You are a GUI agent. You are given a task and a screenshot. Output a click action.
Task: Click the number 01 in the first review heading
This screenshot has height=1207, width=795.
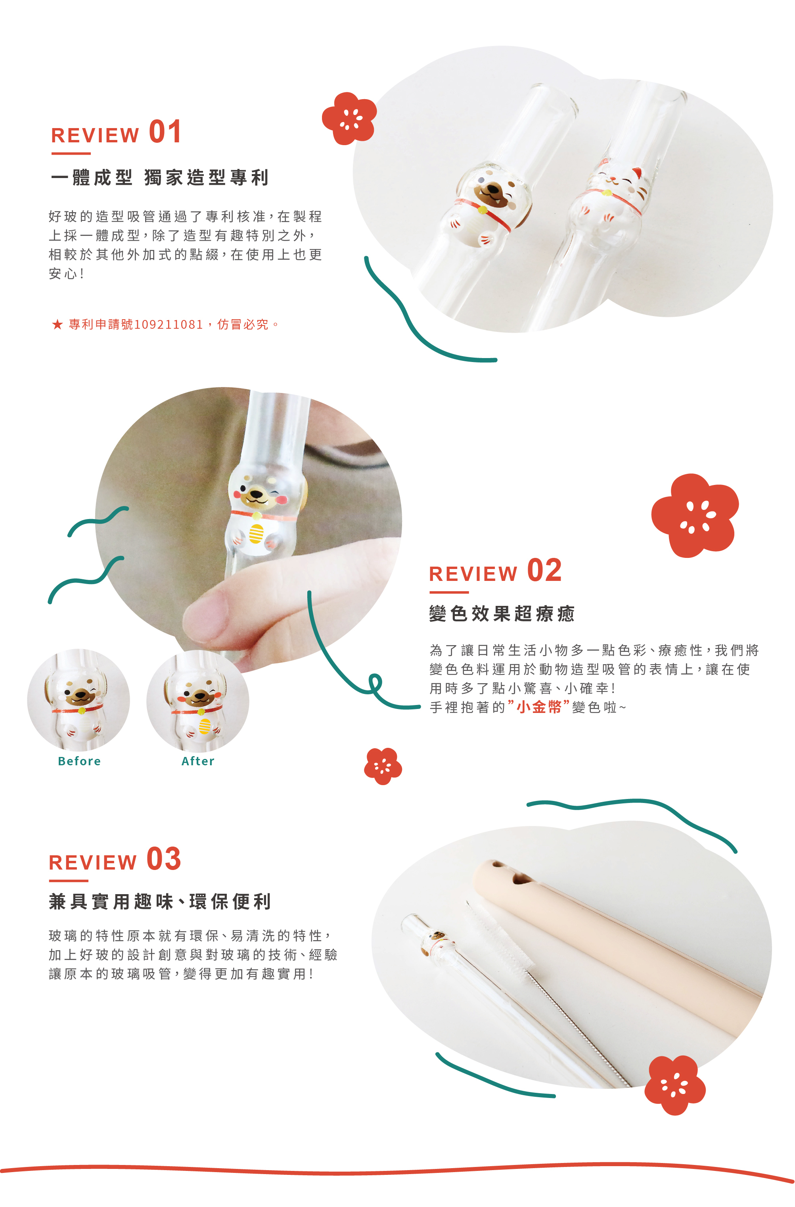point(165,132)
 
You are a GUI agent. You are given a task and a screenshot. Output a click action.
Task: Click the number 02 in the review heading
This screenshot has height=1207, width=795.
point(544,571)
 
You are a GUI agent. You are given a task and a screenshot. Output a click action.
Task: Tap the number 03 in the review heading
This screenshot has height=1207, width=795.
point(164,859)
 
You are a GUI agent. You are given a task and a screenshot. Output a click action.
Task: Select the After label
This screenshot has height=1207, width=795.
point(198,761)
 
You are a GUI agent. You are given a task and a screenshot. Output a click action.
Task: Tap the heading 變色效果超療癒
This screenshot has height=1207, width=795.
point(502,614)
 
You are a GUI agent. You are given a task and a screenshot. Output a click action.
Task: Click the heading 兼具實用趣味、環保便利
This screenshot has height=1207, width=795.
point(160,902)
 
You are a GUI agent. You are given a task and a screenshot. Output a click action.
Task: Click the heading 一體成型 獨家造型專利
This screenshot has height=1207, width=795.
point(160,178)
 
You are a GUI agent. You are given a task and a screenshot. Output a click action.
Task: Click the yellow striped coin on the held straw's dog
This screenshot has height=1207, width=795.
point(256,533)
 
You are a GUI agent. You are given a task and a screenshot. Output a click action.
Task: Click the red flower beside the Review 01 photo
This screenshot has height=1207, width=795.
point(349,119)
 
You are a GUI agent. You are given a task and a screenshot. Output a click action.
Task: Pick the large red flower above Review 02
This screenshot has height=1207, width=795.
point(695,515)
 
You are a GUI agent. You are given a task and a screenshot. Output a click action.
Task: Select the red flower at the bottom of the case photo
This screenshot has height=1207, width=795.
point(675,1085)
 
